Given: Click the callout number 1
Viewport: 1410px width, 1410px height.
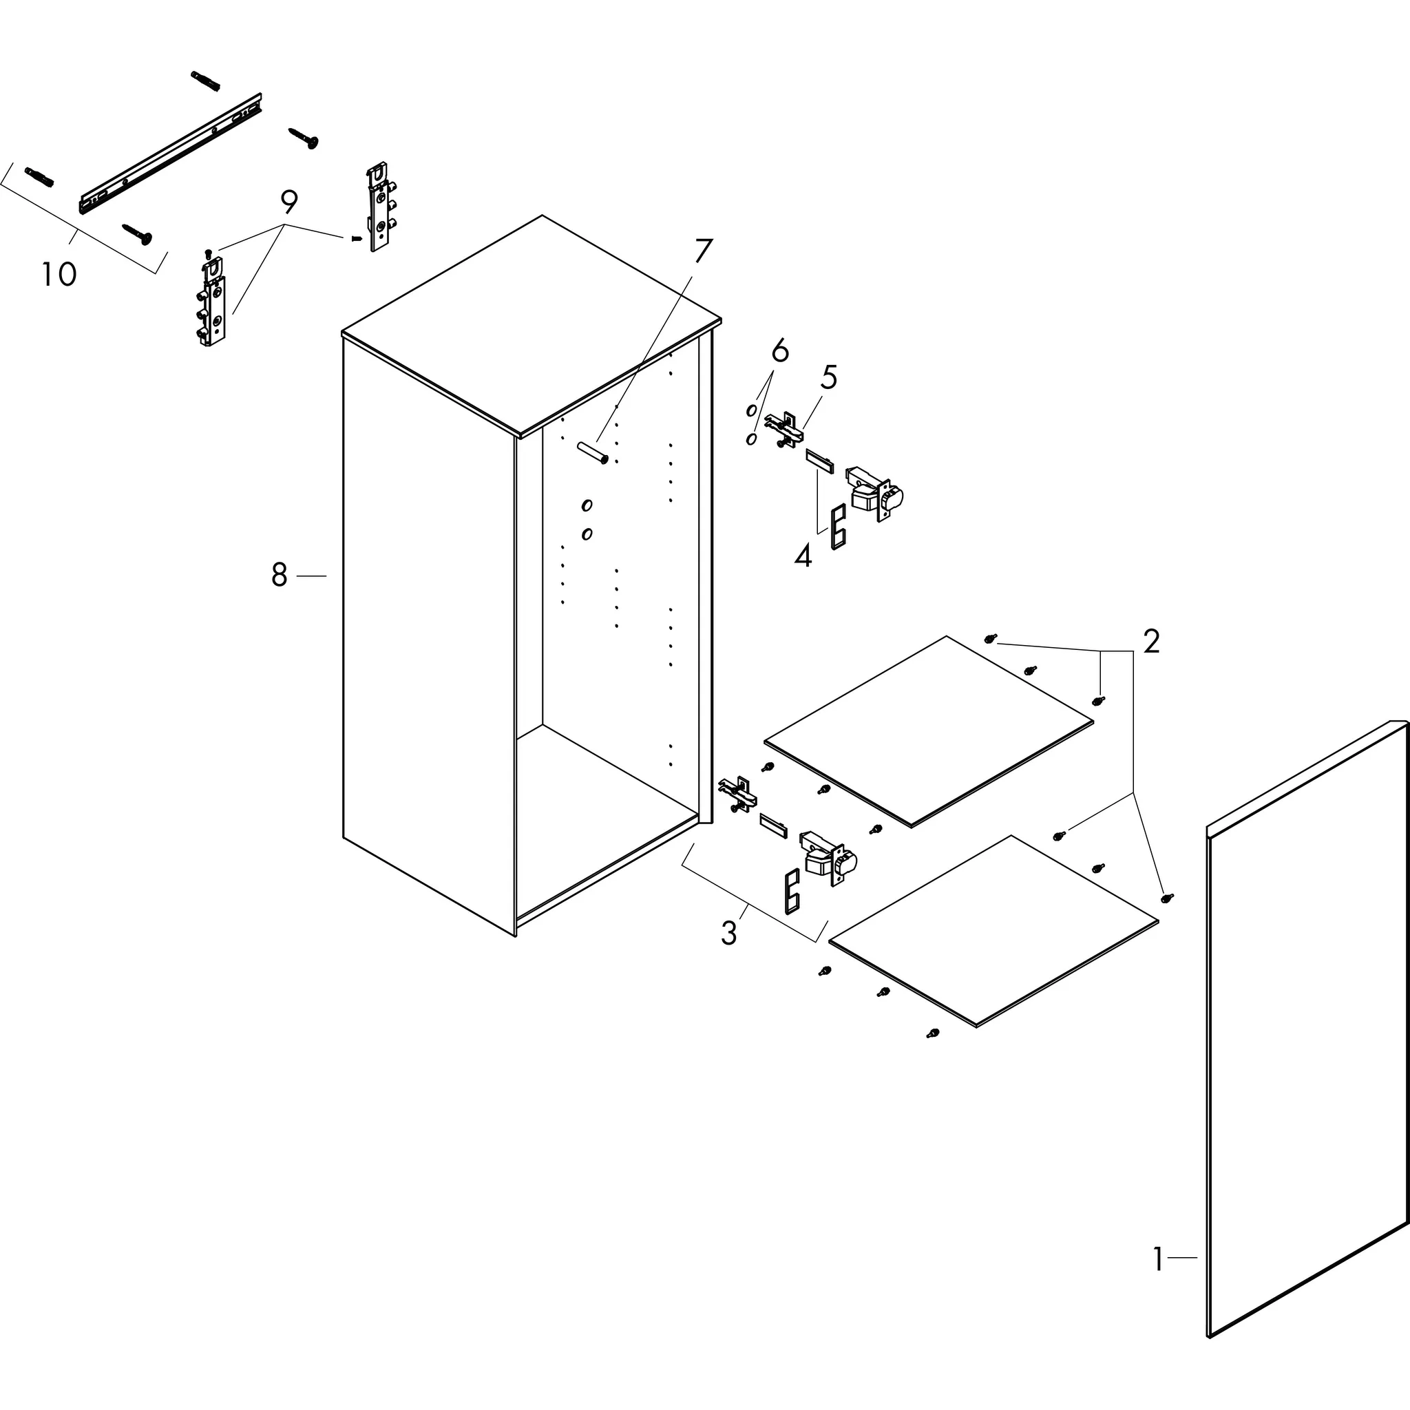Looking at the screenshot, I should tap(1158, 1259).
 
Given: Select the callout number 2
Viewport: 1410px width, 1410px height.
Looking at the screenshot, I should tap(1150, 642).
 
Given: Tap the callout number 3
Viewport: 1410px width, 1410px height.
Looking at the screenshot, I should tap(728, 934).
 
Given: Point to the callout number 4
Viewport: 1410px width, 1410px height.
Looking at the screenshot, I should tap(802, 557).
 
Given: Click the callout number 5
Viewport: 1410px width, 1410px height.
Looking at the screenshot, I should tap(828, 377).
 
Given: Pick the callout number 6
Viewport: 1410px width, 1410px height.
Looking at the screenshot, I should tap(780, 352).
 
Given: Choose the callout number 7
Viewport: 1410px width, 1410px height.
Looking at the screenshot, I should tap(702, 252).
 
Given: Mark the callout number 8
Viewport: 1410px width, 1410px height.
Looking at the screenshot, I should tap(280, 576).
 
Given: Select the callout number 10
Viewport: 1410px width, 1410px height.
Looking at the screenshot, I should tap(59, 275).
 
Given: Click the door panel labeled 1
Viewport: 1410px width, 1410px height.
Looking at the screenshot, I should tap(1306, 1036).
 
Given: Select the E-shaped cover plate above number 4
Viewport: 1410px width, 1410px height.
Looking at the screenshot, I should tap(839, 526).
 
